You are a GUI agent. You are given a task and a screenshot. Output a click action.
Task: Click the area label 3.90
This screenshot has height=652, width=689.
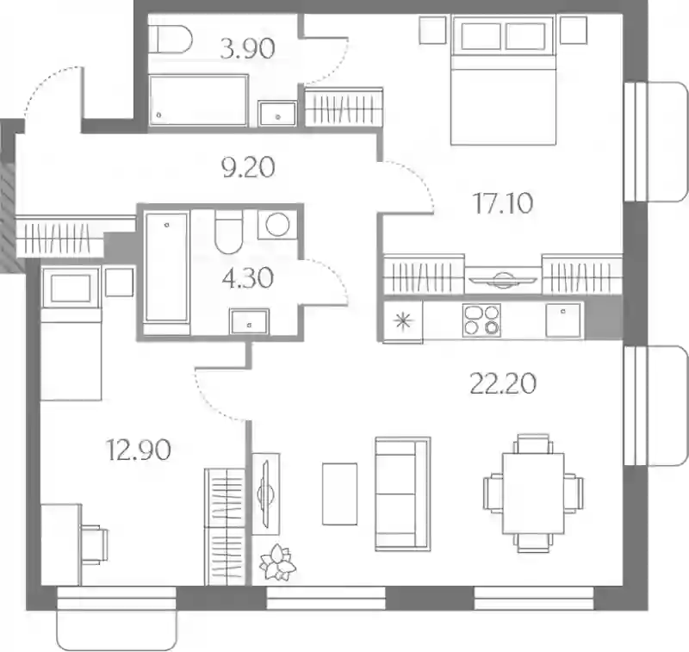[x=247, y=48]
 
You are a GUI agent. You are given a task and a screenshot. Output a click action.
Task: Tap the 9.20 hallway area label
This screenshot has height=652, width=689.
[x=248, y=167]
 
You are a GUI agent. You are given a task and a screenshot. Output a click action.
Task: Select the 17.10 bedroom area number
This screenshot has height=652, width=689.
[x=503, y=203]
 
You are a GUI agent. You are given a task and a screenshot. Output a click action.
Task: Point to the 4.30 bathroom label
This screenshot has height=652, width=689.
[x=248, y=277]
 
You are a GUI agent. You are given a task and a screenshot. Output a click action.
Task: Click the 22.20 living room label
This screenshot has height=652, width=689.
[x=503, y=383]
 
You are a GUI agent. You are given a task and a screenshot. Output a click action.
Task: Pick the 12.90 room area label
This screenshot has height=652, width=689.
[x=139, y=450]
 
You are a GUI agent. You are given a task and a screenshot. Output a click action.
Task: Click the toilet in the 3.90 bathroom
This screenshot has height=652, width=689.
[x=170, y=40]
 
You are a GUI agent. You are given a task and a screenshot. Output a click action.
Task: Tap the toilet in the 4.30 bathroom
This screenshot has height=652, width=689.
[x=228, y=232]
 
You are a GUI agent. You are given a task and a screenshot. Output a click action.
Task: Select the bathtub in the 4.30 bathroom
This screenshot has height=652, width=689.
[x=166, y=268]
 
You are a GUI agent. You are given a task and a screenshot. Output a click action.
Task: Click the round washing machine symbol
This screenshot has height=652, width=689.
[x=276, y=225]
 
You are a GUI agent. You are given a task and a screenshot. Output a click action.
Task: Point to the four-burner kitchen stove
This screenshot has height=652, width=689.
[x=481, y=320]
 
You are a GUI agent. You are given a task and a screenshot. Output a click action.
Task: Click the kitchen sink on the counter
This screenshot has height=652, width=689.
[x=563, y=320]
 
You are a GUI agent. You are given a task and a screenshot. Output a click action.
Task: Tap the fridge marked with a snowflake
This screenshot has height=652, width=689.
[x=403, y=320]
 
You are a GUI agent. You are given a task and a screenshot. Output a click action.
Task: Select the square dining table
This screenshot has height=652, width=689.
[x=533, y=494]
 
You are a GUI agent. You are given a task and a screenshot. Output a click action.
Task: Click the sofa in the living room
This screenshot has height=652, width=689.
[x=402, y=494]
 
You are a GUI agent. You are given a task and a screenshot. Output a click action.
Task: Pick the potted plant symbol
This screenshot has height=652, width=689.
[x=277, y=562]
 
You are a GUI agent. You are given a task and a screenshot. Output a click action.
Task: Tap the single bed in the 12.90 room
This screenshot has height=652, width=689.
[x=71, y=333]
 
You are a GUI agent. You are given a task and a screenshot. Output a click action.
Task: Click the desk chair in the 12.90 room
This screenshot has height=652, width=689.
[x=94, y=544]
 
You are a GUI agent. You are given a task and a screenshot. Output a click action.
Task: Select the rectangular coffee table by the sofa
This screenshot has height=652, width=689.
[x=339, y=494]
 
